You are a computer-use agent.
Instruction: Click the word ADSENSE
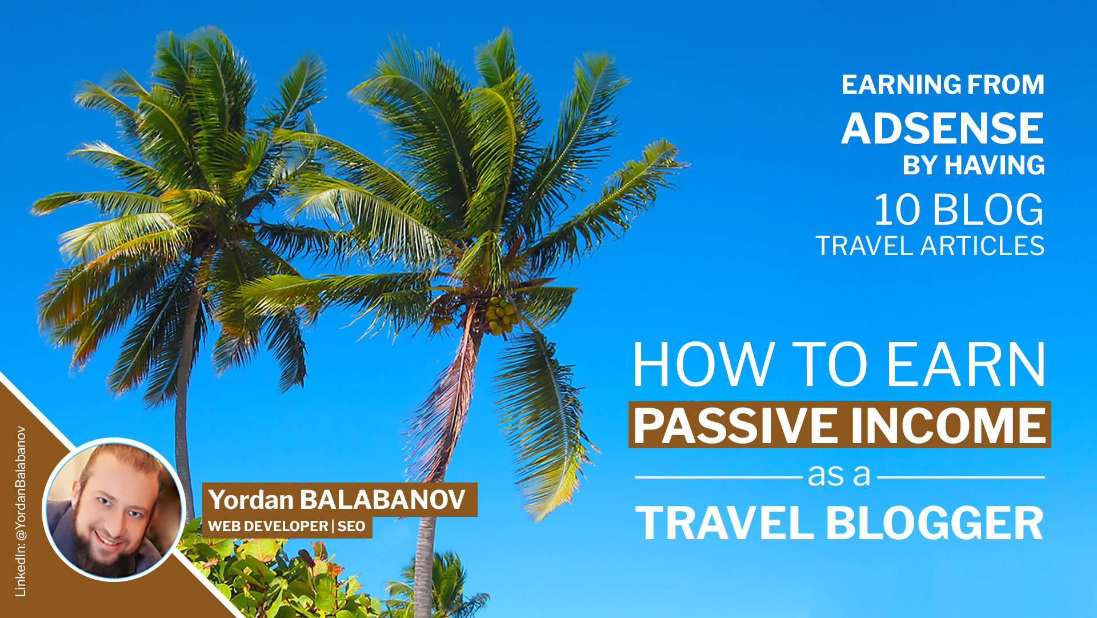(x=942, y=129)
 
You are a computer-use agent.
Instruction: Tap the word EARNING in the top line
(x=891, y=85)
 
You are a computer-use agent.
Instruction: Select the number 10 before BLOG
(x=896, y=210)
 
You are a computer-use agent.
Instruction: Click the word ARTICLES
(x=983, y=246)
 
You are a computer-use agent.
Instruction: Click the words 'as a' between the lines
(x=839, y=475)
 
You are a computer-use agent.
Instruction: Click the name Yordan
(x=251, y=500)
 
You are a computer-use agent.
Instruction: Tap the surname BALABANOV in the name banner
(x=382, y=500)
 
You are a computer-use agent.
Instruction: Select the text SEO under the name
(x=351, y=527)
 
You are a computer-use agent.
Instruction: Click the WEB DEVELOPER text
(x=267, y=527)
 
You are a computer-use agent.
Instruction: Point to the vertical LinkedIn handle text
(x=21, y=512)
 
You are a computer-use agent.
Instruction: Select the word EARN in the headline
(x=966, y=365)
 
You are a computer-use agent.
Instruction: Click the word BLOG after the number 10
(x=988, y=210)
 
